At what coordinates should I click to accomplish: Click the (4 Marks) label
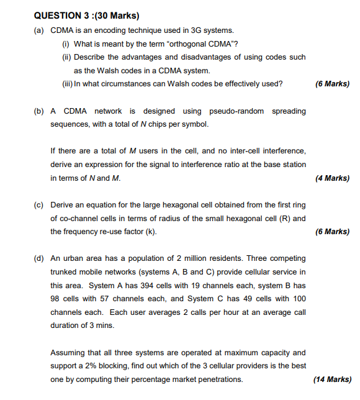pos(332,178)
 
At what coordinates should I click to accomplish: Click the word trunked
pos(65,272)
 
